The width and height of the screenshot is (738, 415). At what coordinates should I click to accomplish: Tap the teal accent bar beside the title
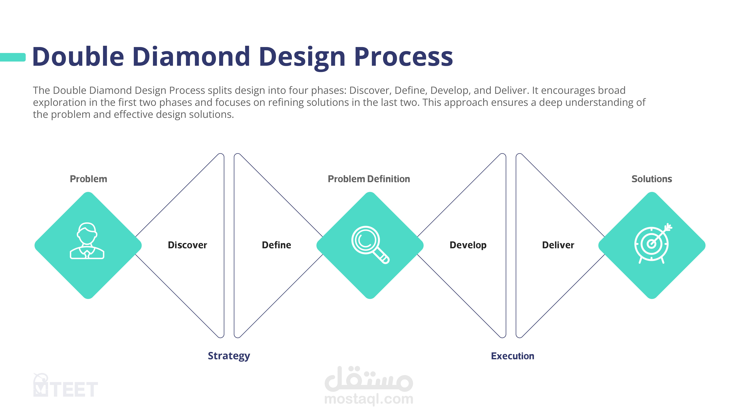(x=13, y=57)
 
